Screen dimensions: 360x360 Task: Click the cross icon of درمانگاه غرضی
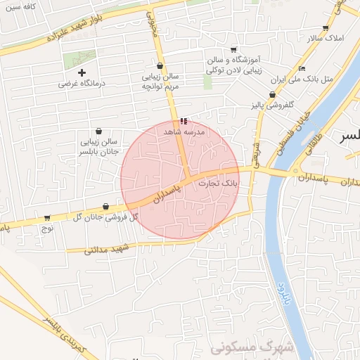coord(82,72)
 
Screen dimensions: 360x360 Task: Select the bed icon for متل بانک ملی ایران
coord(302,68)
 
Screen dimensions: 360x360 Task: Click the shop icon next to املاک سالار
coord(325,28)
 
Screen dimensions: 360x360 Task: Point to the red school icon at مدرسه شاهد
coord(184,121)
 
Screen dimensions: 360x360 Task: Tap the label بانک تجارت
coord(218,184)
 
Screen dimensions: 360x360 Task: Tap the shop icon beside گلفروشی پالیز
coord(272,95)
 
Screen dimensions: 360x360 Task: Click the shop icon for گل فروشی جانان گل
coord(105,207)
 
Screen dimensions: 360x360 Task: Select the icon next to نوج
coord(47,218)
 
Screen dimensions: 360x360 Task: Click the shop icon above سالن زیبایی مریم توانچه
coord(161,65)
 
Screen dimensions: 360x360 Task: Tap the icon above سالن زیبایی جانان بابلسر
coord(97,131)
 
